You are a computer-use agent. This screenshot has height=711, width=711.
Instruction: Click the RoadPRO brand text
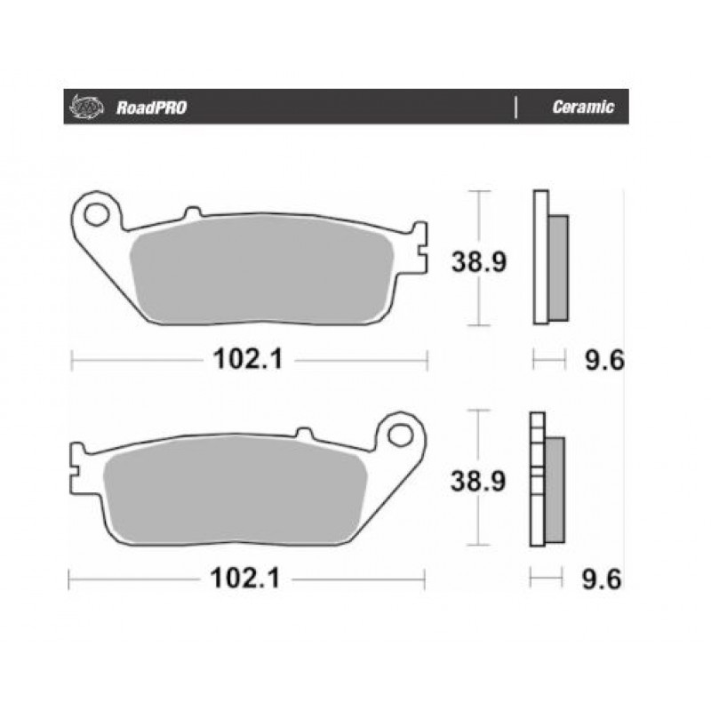[x=151, y=108]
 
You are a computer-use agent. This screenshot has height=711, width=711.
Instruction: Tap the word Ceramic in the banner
[x=583, y=107]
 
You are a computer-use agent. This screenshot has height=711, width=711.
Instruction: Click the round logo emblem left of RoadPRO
[x=86, y=108]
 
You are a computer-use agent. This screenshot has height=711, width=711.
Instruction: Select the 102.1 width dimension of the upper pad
[x=248, y=359]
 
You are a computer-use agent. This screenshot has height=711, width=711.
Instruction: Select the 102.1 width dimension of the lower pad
[x=245, y=579]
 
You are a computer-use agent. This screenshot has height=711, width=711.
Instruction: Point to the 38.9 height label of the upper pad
[x=479, y=261]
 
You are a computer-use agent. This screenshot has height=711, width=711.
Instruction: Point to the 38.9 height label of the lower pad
[x=478, y=481]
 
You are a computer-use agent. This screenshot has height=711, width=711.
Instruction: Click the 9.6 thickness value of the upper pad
[x=604, y=361]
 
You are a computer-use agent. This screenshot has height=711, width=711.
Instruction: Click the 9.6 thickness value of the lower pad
[x=602, y=579]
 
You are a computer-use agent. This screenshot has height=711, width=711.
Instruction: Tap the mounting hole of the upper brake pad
[x=97, y=214]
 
